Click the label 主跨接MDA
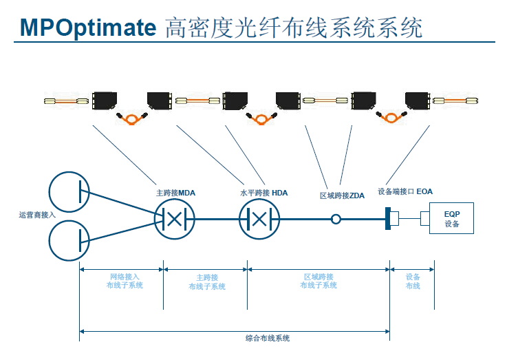(x=176, y=193)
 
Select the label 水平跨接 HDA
(x=263, y=193)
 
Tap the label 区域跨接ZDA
(x=342, y=195)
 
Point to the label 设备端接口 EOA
(x=405, y=191)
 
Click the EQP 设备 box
(x=451, y=219)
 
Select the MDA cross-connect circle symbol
(x=175, y=220)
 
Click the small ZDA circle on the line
(x=336, y=220)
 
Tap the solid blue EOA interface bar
(x=388, y=220)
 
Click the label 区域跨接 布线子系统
(x=319, y=281)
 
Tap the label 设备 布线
(x=412, y=281)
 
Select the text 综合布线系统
(x=268, y=338)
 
